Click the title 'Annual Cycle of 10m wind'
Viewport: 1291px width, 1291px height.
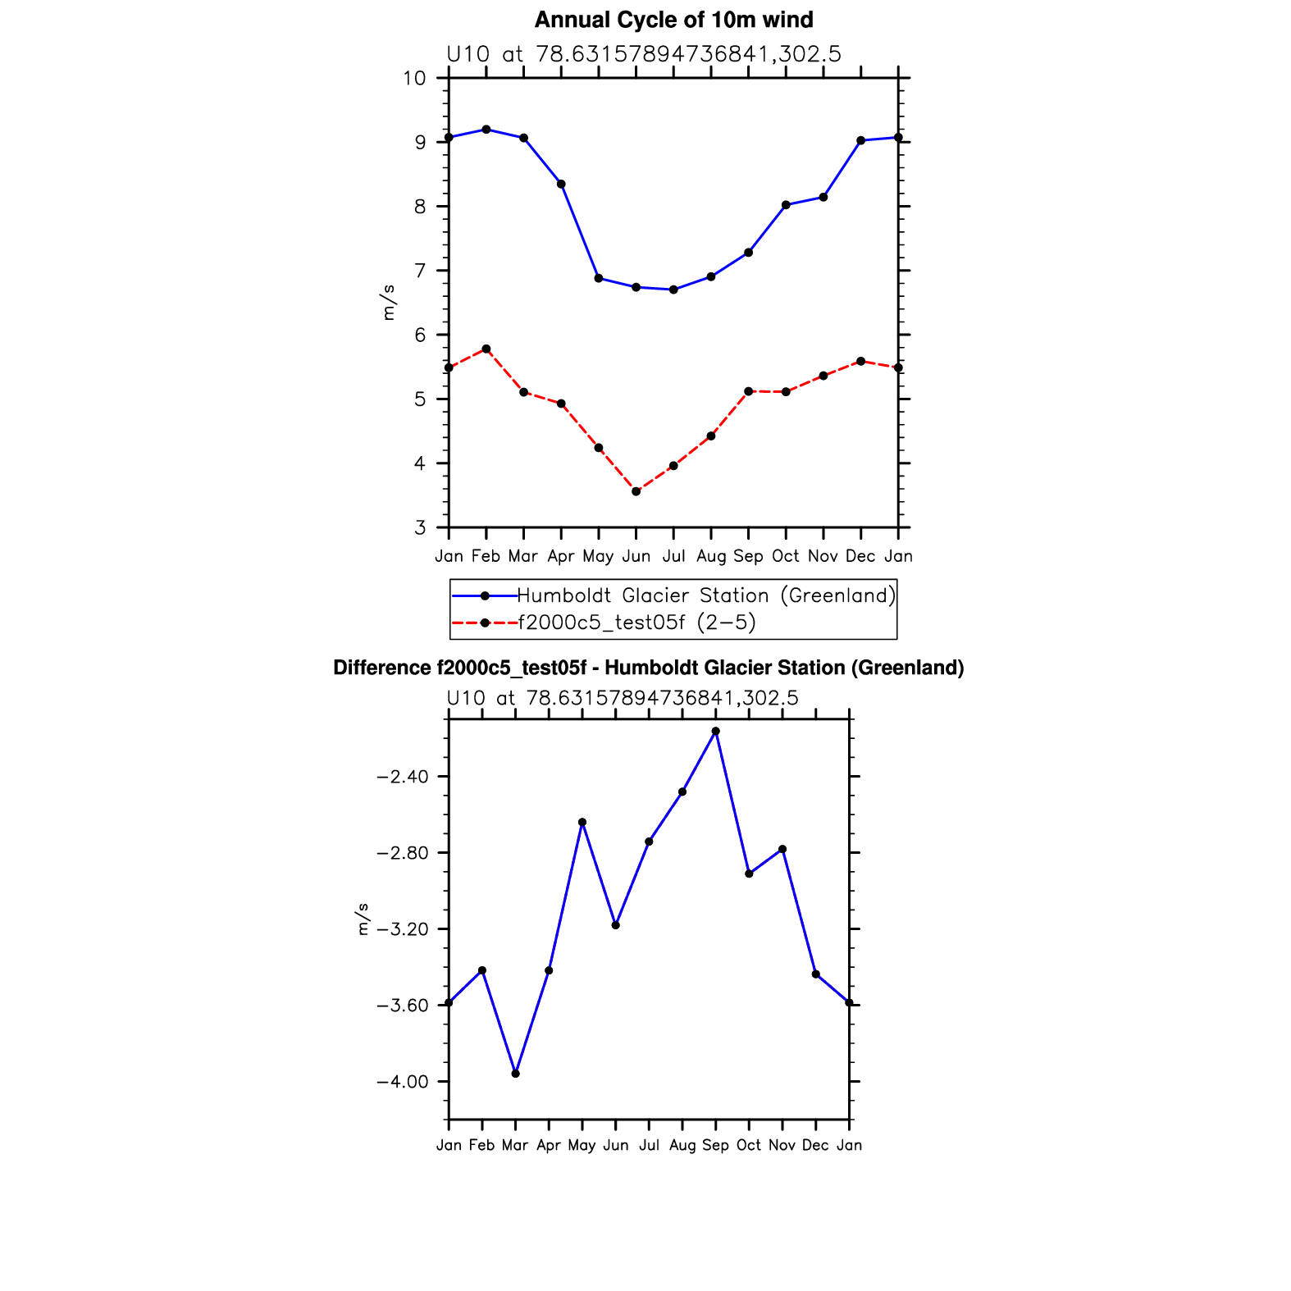pos(673,20)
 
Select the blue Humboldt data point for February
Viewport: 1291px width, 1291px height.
pos(486,130)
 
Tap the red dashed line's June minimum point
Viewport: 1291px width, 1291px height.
pos(636,491)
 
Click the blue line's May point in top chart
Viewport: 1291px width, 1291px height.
pos(599,278)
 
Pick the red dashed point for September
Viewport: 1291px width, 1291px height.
pos(748,391)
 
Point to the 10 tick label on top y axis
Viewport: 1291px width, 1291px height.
pos(414,78)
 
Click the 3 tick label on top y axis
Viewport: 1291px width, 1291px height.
pos(420,527)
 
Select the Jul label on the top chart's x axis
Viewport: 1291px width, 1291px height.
pos(673,556)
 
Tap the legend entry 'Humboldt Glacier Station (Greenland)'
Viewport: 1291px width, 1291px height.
pos(706,595)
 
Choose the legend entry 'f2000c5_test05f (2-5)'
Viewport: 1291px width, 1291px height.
pos(636,623)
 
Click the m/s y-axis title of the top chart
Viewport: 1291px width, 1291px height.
pos(388,302)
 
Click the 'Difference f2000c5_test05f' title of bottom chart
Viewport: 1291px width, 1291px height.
pos(648,668)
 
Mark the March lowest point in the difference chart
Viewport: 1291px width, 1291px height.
pos(515,1074)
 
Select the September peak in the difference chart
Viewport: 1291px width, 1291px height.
pos(715,731)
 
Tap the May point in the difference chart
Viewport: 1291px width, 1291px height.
pos(582,822)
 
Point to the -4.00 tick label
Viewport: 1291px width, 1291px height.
pos(404,1082)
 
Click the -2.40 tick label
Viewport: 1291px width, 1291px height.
pos(404,777)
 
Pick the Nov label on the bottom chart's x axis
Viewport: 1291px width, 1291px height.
pos(782,1145)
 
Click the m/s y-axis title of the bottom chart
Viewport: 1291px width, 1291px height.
pos(363,919)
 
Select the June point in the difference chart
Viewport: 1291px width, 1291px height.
pos(615,925)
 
